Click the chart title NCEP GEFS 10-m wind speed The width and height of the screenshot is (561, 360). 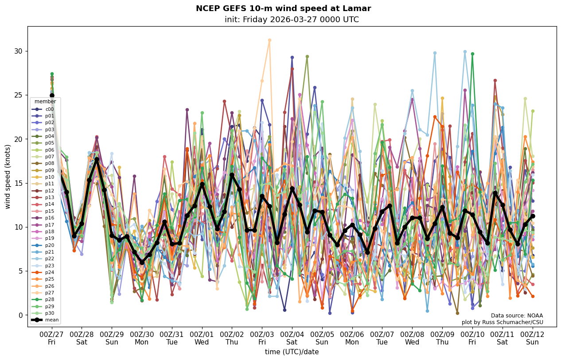(x=283, y=8)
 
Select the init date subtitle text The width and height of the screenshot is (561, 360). (x=292, y=20)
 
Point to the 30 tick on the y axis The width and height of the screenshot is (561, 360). (x=18, y=51)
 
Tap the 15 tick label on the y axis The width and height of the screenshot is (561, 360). (x=18, y=183)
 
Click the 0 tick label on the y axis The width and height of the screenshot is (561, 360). (x=20, y=315)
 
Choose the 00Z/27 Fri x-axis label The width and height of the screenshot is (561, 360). (x=52, y=337)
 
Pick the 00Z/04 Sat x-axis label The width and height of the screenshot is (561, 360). (x=292, y=337)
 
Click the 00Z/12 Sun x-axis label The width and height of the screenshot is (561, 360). (x=532, y=337)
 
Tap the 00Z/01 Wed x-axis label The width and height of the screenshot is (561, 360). (x=202, y=337)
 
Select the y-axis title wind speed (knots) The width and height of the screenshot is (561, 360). (x=8, y=176)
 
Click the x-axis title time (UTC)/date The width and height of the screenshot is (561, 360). (x=292, y=352)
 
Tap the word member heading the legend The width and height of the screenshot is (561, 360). (x=45, y=102)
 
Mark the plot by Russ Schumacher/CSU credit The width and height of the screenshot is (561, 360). (x=502, y=322)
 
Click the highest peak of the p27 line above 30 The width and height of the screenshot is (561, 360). (x=269, y=40)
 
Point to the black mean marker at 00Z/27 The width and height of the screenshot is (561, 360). (x=52, y=95)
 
